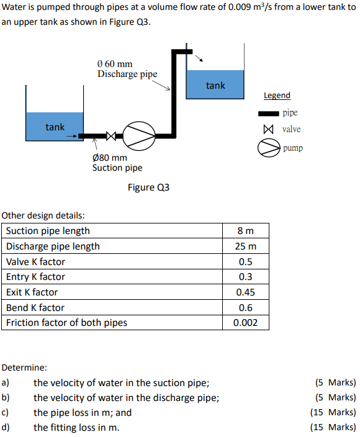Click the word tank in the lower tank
tap(55, 127)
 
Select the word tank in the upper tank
tap(215, 85)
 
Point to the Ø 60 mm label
tap(115, 63)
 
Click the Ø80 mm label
tap(109, 157)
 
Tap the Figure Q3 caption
tap(148, 187)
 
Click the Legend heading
tap(277, 95)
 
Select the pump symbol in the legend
tap(269, 148)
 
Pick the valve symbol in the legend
tap(268, 130)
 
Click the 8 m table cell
tap(246, 231)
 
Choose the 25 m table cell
tap(246, 246)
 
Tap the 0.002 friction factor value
tap(246, 323)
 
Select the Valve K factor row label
tap(35, 262)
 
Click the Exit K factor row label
tap(32, 292)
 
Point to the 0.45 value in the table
tap(246, 292)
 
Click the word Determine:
tap(25, 367)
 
